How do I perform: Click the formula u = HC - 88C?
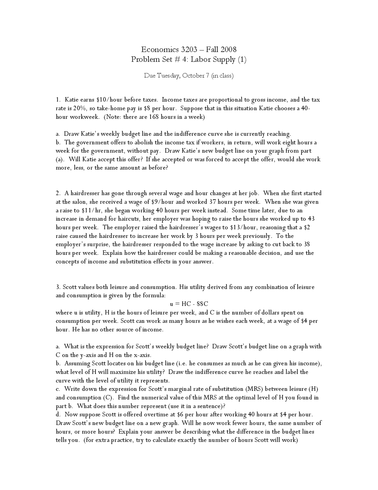[x=189, y=304]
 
